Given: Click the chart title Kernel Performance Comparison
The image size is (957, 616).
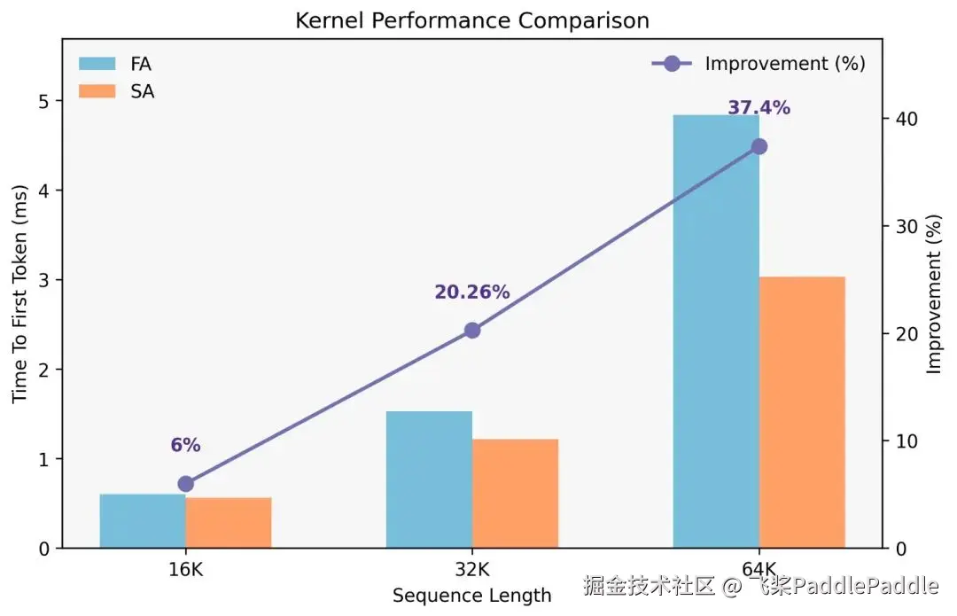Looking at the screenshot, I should (x=471, y=20).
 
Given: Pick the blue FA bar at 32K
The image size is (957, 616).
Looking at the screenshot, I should (x=429, y=480).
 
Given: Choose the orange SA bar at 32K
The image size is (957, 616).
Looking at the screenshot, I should (x=515, y=494).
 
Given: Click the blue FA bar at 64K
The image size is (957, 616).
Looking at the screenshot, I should (x=716, y=331).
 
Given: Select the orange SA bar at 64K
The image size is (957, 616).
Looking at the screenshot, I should (x=802, y=412).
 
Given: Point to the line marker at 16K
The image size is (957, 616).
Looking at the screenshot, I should (x=186, y=484).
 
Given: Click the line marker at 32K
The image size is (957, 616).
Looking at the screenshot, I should (x=472, y=331).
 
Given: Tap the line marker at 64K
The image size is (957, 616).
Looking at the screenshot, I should (x=759, y=146).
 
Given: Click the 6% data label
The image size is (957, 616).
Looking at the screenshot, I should (x=186, y=445).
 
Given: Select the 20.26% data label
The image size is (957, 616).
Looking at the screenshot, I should (x=472, y=292).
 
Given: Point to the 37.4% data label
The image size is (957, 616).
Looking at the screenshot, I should (x=759, y=108).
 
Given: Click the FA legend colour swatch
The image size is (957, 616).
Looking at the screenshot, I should (x=97, y=64).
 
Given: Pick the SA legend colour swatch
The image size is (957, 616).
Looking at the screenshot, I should (x=97, y=90).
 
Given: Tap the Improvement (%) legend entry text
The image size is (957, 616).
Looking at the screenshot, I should (x=785, y=64).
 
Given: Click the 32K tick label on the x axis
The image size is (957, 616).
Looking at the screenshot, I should (x=472, y=569).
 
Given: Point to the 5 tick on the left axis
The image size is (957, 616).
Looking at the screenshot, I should (x=43, y=101).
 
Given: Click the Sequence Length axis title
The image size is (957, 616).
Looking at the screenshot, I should (x=472, y=596).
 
